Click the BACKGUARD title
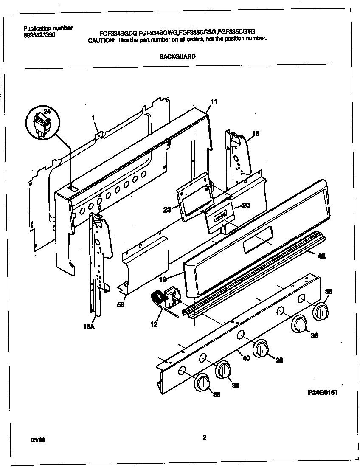(177, 56)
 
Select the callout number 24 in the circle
(47, 112)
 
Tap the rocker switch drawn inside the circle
(41, 123)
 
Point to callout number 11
(214, 102)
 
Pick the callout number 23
(167, 208)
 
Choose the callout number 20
(246, 206)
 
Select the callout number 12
(154, 325)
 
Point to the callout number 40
(246, 358)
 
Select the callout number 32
(279, 360)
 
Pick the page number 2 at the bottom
(204, 438)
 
